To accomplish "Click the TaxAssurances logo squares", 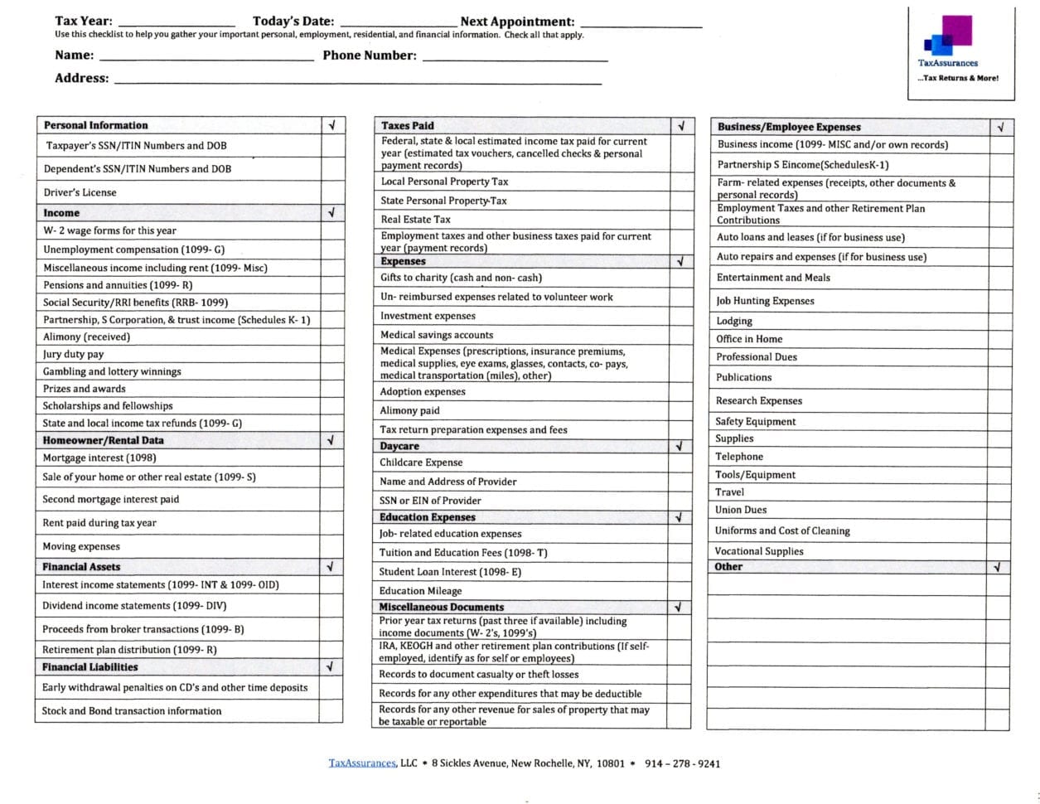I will click(949, 36).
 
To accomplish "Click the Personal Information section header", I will click(95, 125).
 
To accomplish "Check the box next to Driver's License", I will click(331, 192).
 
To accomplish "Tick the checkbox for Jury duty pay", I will click(331, 354).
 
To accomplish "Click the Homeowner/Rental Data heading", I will click(103, 440).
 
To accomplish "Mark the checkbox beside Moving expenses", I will click(331, 546).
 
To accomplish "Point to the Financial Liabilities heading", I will click(89, 666).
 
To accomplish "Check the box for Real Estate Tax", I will click(681, 220).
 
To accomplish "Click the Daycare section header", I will click(399, 446).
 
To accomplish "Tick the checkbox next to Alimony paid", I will click(681, 410).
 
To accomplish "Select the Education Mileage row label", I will click(420, 591).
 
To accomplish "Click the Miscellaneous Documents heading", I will click(441, 607).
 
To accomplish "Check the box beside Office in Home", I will click(1000, 339).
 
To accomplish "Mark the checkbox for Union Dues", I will click(1000, 510).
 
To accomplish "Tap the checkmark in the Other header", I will click(998, 567).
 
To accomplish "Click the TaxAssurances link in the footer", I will click(362, 763).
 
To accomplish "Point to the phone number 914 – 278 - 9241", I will click(682, 763).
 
